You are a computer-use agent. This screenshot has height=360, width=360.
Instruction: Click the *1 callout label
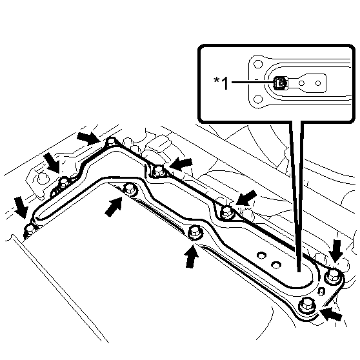click(x=221, y=83)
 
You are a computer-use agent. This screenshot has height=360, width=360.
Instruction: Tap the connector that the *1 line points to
click(x=280, y=83)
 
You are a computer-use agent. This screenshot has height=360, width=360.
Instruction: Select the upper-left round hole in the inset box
click(x=258, y=64)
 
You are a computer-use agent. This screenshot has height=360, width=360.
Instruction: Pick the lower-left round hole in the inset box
click(x=258, y=99)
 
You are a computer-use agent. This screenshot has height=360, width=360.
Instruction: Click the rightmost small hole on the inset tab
click(x=318, y=83)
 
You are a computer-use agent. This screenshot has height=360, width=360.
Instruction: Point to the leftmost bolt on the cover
click(x=30, y=230)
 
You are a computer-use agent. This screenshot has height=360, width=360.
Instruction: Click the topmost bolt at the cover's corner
click(x=112, y=142)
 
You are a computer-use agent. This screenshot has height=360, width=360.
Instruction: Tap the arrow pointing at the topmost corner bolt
click(x=88, y=138)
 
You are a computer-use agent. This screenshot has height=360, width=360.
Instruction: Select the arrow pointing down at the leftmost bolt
click(x=21, y=207)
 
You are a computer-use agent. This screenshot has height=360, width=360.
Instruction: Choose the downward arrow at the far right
click(x=335, y=251)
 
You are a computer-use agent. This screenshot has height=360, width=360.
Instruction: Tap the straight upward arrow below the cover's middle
click(x=192, y=256)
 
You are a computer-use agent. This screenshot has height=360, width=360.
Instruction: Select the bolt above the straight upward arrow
click(x=195, y=232)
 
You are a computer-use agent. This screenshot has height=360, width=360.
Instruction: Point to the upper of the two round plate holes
click(x=261, y=255)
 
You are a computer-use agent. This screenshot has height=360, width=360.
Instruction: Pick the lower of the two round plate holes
click(x=276, y=265)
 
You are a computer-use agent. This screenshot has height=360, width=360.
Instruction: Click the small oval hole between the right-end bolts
click(x=321, y=292)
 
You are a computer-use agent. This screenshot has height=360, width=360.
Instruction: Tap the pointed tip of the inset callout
click(x=299, y=272)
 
